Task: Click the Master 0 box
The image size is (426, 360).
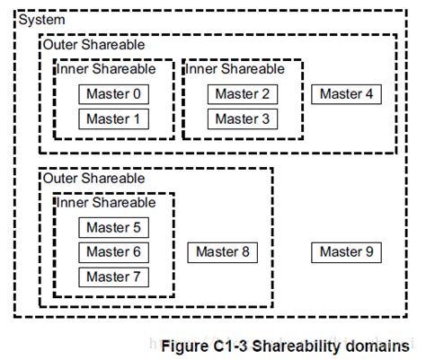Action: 114,94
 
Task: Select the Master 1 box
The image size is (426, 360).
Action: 114,119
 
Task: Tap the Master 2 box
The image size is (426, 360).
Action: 243,94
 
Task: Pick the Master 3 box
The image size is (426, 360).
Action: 243,119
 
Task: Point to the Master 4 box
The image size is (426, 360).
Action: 346,94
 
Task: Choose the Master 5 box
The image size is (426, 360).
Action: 114,228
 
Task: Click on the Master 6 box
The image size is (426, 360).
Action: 114,252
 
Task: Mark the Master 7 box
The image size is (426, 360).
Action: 114,277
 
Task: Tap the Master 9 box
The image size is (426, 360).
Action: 346,252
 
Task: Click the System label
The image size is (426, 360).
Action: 41,20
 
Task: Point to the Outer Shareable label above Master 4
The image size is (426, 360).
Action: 93,44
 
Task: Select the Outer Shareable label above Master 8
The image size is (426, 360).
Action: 93,179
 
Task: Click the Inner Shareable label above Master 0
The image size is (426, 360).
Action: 106,68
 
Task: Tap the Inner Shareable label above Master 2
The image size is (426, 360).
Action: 235,68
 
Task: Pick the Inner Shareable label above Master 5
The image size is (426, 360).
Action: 106,202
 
